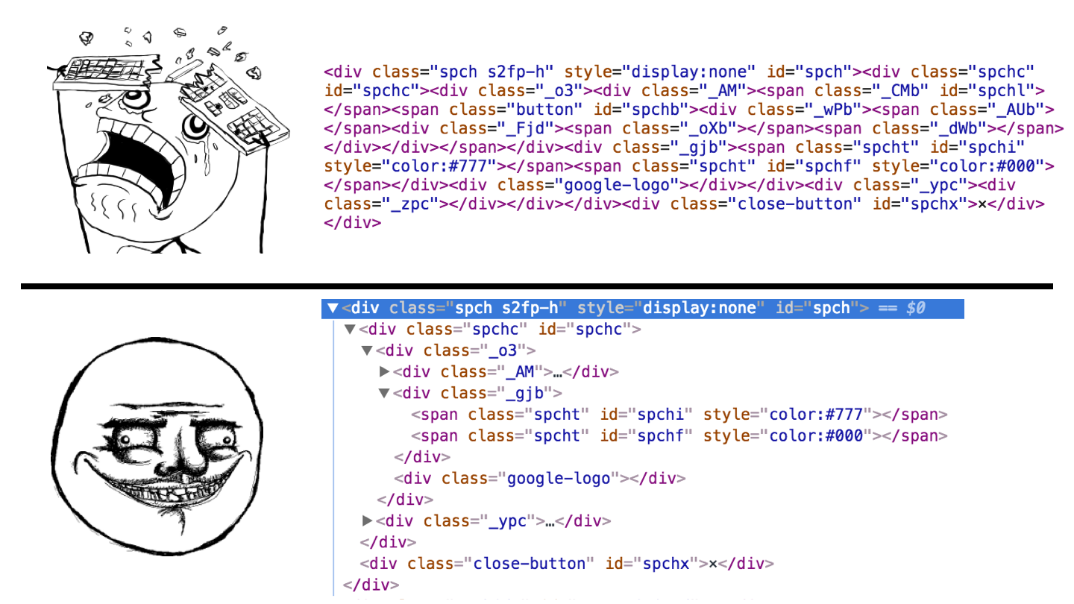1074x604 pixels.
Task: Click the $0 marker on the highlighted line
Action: [x=915, y=308]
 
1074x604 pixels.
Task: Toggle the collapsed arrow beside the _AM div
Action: [x=384, y=371]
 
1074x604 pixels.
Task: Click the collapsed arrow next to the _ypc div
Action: [x=367, y=520]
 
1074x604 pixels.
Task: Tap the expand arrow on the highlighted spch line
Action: [x=333, y=308]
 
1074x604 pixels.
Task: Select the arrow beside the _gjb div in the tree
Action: [x=384, y=393]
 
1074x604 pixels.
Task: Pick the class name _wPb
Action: [x=833, y=110]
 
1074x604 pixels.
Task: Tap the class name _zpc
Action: [x=410, y=204]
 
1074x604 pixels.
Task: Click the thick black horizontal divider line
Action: [x=537, y=286]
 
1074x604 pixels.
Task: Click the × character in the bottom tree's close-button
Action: [x=713, y=564]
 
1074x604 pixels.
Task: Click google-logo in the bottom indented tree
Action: [x=559, y=478]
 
